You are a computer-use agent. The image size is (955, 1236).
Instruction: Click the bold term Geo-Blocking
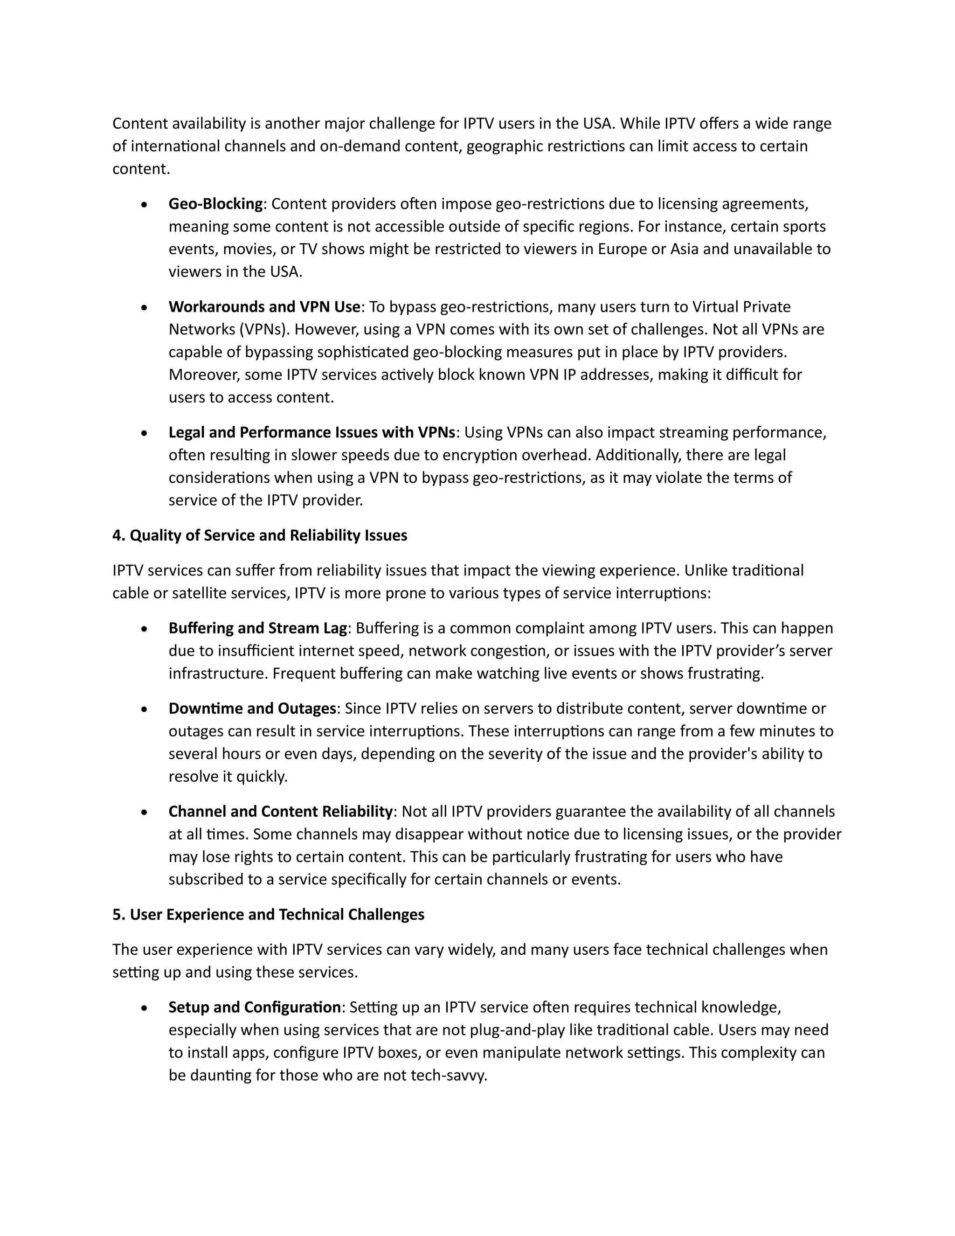215,204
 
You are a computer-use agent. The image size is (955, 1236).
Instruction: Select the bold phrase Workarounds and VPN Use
264,307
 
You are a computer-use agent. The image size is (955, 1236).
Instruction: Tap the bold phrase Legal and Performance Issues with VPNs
312,432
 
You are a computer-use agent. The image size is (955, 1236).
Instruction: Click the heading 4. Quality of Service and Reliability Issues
260,535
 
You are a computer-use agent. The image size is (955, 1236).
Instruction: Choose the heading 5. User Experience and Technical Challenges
268,915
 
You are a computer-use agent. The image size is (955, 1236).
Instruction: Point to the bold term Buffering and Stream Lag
257,628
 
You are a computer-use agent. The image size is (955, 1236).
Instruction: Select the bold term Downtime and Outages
252,708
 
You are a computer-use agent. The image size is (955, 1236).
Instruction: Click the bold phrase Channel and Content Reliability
280,812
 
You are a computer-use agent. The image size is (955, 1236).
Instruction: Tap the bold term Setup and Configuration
255,1007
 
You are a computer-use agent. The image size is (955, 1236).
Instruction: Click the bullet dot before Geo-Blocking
145,205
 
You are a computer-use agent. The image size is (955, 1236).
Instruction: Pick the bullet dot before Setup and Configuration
145,1008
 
